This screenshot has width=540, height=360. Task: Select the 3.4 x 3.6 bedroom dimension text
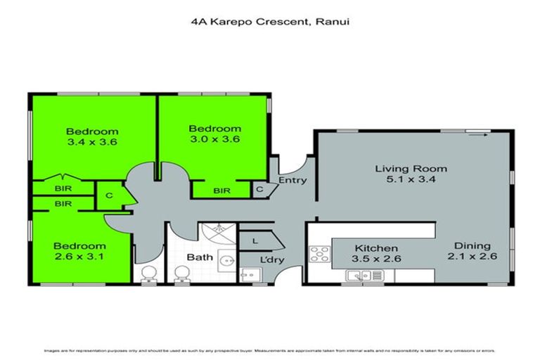pos(92,142)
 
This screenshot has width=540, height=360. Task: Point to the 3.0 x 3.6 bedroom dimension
pos(214,139)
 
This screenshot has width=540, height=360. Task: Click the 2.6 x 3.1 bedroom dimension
pos(79,257)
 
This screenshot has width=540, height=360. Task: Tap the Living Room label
pos(411,169)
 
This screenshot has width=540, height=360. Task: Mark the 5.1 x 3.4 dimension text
pos(411,180)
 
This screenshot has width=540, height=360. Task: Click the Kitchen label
pos(376,248)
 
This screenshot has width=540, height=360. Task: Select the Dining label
pos(471,245)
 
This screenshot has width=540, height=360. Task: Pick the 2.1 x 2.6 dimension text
pos(471,257)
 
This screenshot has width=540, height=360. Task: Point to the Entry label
pos(292,181)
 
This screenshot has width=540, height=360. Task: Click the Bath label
pos(200,257)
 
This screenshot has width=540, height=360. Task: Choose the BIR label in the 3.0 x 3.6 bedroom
pos(222,190)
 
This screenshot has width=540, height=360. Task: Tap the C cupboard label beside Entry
pos(259,188)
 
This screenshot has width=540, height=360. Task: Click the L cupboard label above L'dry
pos(254,240)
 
